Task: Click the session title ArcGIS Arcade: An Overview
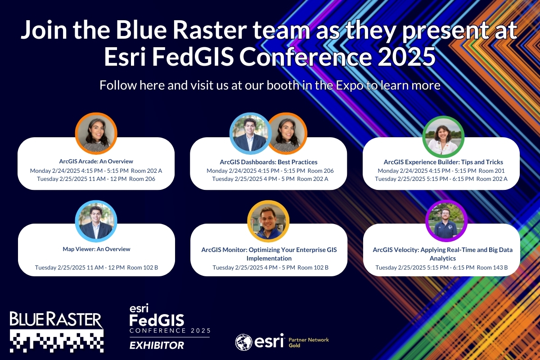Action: tap(96, 161)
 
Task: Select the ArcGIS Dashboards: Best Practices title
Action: tap(269, 162)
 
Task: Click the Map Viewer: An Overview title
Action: tap(96, 249)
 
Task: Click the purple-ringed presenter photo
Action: tap(446, 221)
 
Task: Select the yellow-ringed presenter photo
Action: tap(268, 221)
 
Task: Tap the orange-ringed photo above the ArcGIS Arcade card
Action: tap(96, 133)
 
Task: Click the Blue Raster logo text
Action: tap(56, 320)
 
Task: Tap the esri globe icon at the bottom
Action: tap(244, 342)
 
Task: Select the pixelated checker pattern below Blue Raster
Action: tap(57, 340)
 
